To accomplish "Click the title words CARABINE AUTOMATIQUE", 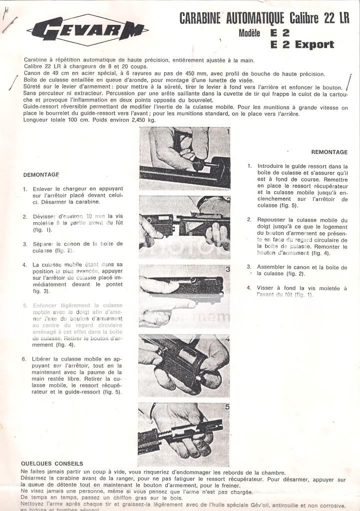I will pyautogui.click(x=233, y=19).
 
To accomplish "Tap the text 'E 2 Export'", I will pyautogui.click(x=302, y=44).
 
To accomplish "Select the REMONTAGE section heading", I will pyautogui.click(x=329, y=152).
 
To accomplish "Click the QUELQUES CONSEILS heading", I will pyautogui.click(x=52, y=463).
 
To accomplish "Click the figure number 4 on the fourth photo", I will pyautogui.click(x=227, y=339).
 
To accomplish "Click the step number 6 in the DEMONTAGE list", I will pyautogui.click(x=24, y=359).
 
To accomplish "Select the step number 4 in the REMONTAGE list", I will pyautogui.click(x=249, y=288).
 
